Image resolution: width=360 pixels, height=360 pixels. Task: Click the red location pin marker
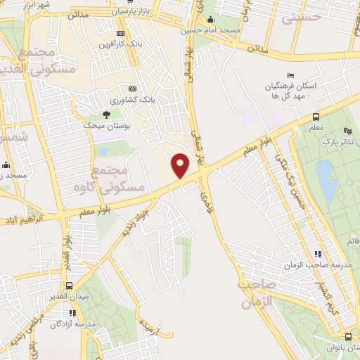click(x=181, y=166)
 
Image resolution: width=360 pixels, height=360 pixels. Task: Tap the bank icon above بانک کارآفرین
click(x=120, y=33)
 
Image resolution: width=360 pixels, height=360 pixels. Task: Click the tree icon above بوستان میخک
click(x=106, y=114)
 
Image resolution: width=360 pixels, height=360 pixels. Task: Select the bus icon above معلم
click(x=316, y=117)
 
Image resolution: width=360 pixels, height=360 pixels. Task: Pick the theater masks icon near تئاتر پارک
click(x=346, y=131)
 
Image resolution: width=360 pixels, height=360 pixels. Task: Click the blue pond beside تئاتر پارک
click(x=325, y=173)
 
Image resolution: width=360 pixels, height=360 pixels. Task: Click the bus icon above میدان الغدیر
click(x=70, y=285)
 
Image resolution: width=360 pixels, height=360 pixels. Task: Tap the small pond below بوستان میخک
click(x=106, y=150)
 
